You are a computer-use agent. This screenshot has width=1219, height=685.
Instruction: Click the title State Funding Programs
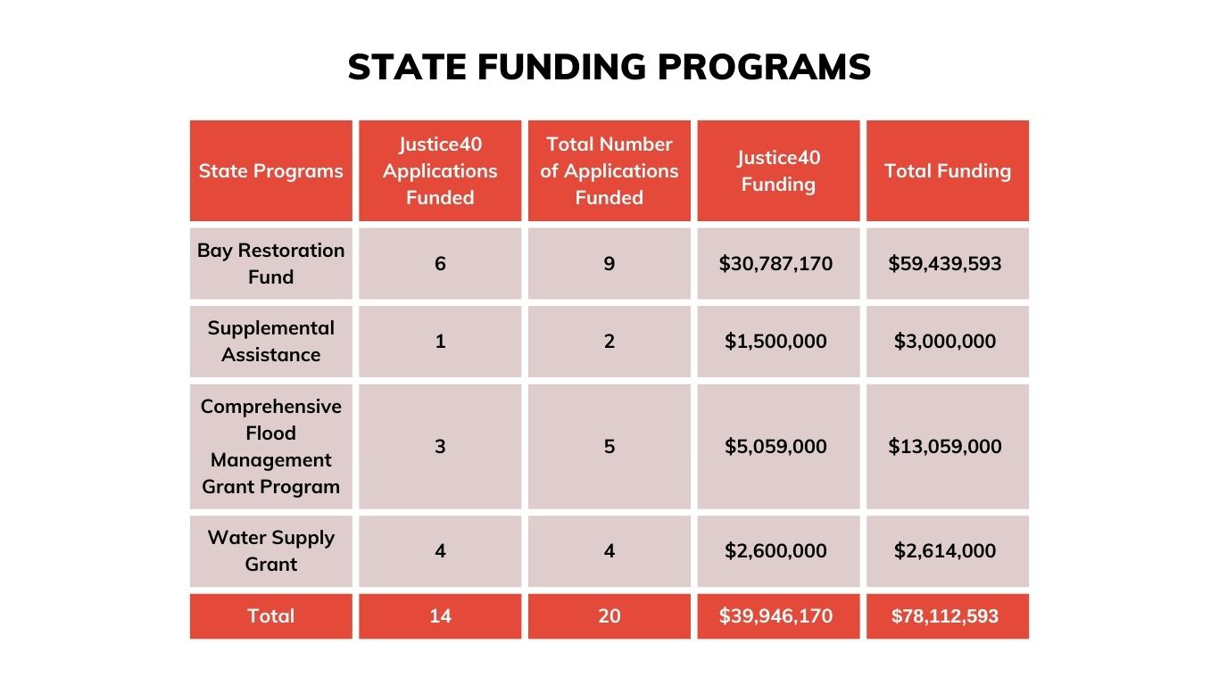pyautogui.click(x=609, y=68)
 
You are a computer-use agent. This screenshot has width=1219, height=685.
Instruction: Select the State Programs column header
pyautogui.click(x=270, y=171)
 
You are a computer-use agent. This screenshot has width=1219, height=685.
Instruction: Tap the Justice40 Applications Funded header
pyautogui.click(x=440, y=171)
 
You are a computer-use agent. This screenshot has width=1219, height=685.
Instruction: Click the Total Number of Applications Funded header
pyautogui.click(x=609, y=171)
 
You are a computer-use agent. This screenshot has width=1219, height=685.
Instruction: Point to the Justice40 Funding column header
pyautogui.click(x=777, y=171)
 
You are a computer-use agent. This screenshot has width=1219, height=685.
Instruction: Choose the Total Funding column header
pyautogui.click(x=947, y=171)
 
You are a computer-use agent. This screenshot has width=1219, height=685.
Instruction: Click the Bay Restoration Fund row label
pyautogui.click(x=270, y=263)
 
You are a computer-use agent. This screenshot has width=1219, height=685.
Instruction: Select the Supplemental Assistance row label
pyautogui.click(x=270, y=341)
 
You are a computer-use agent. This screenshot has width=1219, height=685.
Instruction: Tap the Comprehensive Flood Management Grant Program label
pyautogui.click(x=270, y=446)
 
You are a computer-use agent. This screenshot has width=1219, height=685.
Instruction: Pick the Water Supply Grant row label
pyautogui.click(x=270, y=550)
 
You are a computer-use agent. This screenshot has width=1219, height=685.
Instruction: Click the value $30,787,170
pyautogui.click(x=775, y=264)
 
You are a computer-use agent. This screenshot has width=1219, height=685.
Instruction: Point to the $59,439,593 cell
pyautogui.click(x=945, y=264)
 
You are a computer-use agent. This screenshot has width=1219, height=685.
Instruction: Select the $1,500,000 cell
pyautogui.click(x=775, y=342)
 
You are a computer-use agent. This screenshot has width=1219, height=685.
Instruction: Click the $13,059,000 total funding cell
pyautogui.click(x=945, y=447)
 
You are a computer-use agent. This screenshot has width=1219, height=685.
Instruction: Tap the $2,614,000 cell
pyautogui.click(x=945, y=551)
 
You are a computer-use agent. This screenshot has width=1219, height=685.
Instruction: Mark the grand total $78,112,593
pyautogui.click(x=945, y=616)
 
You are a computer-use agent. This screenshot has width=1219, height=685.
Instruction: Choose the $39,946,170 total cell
pyautogui.click(x=775, y=616)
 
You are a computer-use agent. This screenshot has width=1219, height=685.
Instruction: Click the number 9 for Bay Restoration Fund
pyautogui.click(x=609, y=264)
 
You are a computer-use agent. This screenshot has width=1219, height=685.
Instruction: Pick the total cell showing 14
pyautogui.click(x=440, y=616)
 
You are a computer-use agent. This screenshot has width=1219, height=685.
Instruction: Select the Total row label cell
pyautogui.click(x=270, y=616)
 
